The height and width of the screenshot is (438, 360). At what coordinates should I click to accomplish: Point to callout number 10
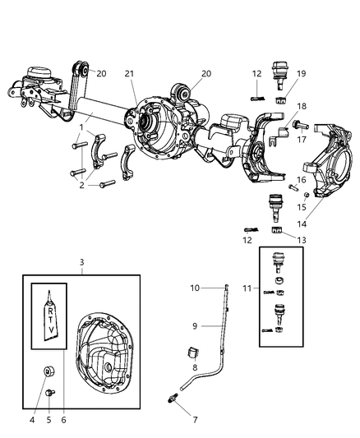(196, 288)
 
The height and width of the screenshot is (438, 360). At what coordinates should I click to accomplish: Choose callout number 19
(301, 74)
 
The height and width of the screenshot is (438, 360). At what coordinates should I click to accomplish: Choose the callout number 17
(302, 140)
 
